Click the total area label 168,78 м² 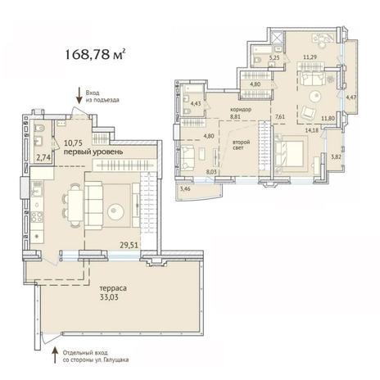point(95,54)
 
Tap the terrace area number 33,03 point(109,297)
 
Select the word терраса point(113,288)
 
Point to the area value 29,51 point(129,245)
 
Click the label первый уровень point(93,152)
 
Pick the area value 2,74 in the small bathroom point(43,158)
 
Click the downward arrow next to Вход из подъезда point(79,96)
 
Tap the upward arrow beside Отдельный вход point(55,355)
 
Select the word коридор point(241,110)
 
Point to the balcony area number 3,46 point(185,188)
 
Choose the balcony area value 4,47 point(351,97)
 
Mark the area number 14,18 point(311,130)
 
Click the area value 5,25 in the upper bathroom point(274,57)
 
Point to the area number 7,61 point(280,116)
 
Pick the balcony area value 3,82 point(336,156)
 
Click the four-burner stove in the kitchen point(37,217)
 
